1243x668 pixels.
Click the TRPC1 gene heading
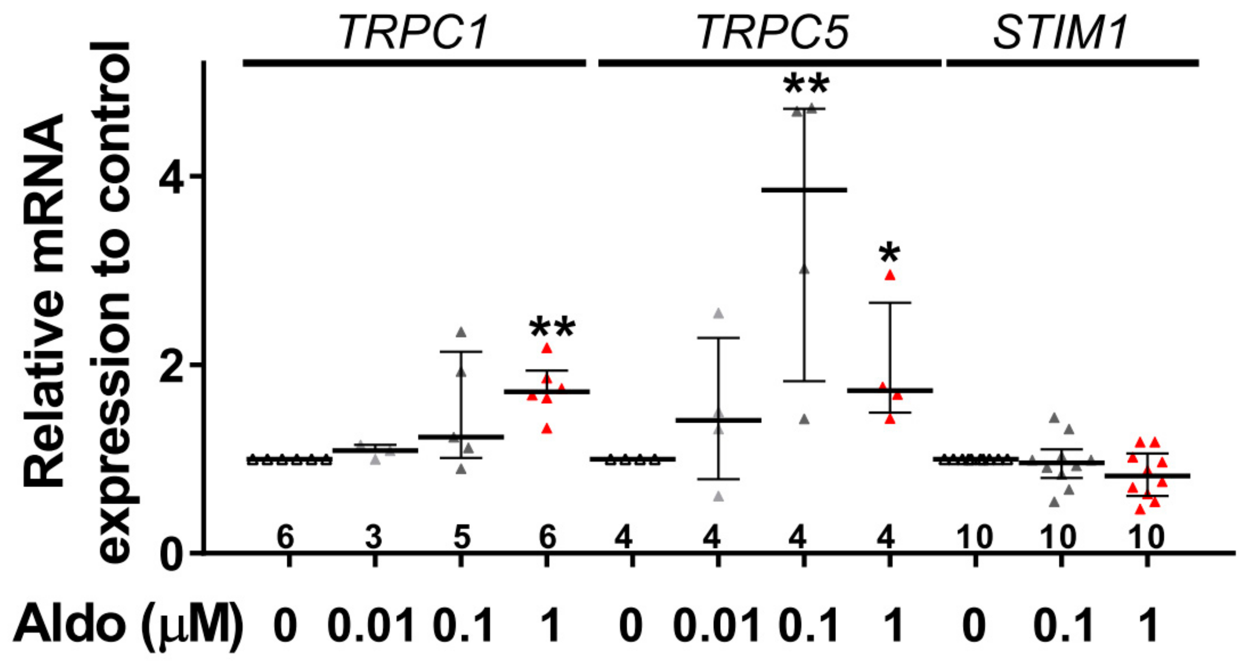click(x=414, y=33)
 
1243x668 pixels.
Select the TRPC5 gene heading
click(x=773, y=33)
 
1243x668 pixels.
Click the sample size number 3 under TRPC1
click(x=374, y=537)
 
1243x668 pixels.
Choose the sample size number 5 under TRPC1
click(x=461, y=537)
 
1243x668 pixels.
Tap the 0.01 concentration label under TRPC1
click(x=371, y=626)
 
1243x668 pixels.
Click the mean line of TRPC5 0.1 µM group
click(x=804, y=190)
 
